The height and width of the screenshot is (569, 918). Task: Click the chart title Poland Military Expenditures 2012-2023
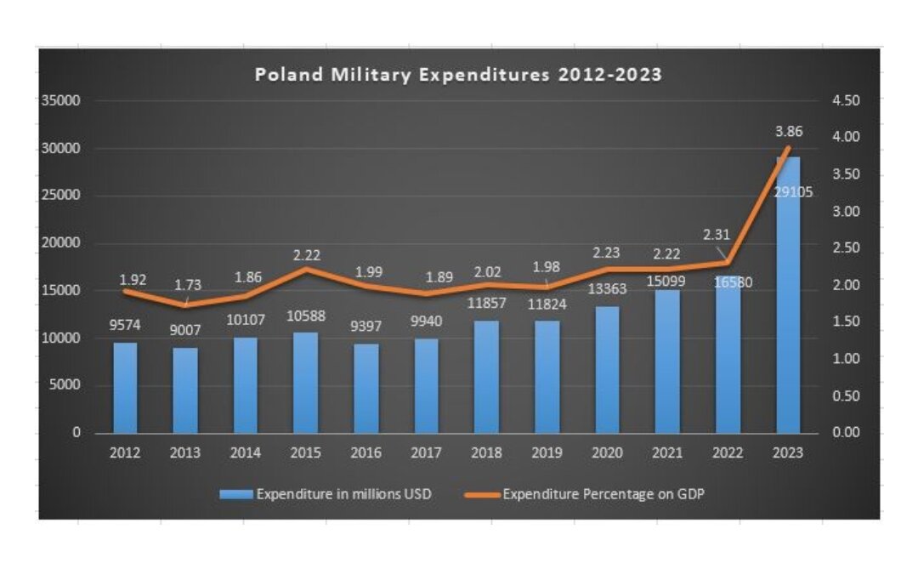[x=458, y=75]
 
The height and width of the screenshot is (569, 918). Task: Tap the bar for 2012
[x=125, y=387]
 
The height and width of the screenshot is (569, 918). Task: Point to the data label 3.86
[x=788, y=132]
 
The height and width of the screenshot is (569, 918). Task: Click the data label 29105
[x=793, y=192]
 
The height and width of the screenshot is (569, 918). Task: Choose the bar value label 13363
[x=607, y=289]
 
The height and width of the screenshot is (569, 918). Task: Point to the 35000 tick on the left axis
[x=61, y=100]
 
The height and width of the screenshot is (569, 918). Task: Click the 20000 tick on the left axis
[x=61, y=242]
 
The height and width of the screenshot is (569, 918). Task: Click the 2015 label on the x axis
[x=306, y=453]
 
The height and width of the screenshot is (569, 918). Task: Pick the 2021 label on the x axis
[x=668, y=453]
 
